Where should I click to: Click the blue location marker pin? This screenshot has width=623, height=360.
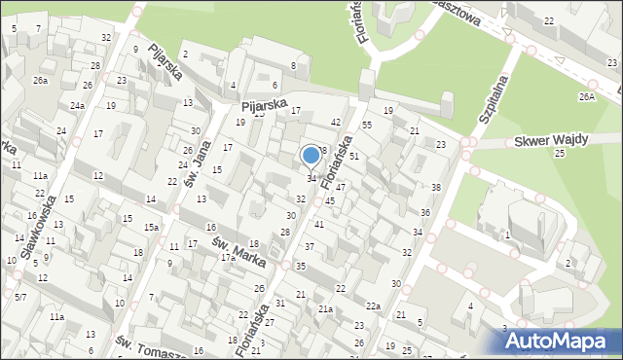click(311, 155)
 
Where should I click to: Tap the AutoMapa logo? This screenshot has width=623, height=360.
click(562, 342)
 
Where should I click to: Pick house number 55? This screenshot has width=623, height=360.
click(367, 126)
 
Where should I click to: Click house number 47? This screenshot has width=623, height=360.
click(341, 186)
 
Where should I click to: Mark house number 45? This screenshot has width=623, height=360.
click(330, 200)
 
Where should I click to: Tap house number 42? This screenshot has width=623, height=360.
click(335, 122)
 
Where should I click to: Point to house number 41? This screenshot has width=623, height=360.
click(318, 225)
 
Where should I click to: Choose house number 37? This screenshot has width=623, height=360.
click(309, 247)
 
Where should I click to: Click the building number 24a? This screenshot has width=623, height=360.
click(77, 105)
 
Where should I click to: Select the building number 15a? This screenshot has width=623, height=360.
click(152, 228)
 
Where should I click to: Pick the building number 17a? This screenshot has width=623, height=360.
click(228, 258)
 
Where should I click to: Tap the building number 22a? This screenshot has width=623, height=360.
click(373, 306)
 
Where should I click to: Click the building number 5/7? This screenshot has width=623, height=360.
click(20, 296)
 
